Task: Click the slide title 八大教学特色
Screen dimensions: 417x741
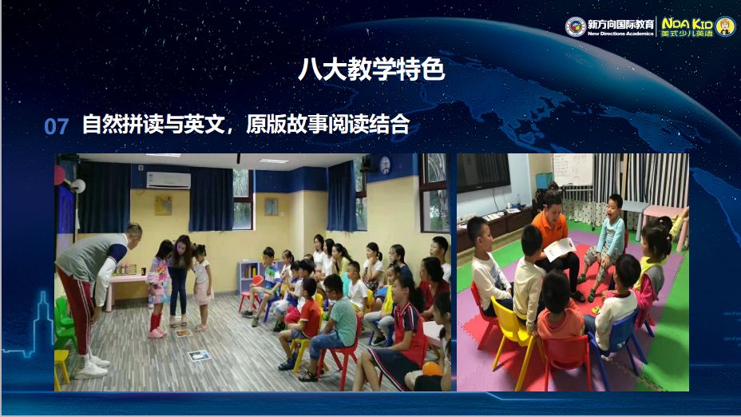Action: click(370, 70)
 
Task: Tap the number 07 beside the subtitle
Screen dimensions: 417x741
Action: click(56, 126)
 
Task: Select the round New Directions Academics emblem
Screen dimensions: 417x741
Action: click(575, 26)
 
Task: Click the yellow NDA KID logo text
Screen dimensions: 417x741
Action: click(686, 22)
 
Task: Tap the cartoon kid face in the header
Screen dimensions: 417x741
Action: click(725, 26)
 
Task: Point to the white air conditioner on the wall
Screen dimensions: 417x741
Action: click(168, 180)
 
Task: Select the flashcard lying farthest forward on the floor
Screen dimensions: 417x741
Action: click(199, 355)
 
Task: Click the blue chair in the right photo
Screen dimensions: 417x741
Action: click(614, 351)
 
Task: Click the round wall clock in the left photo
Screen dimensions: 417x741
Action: click(384, 165)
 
